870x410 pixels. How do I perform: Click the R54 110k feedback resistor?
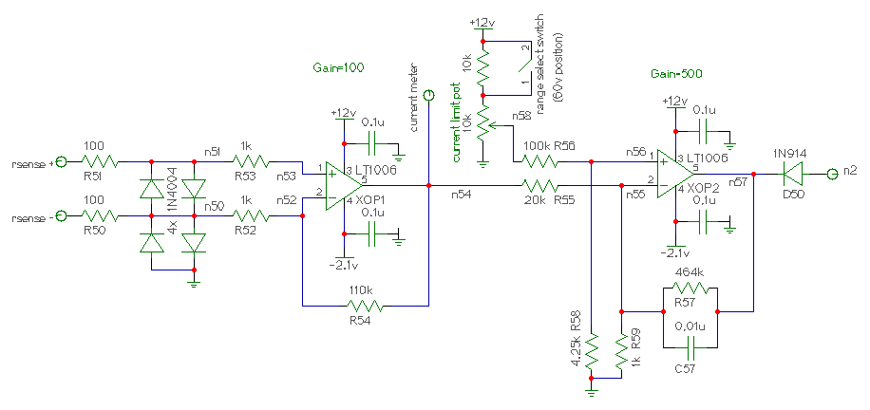coord(364,306)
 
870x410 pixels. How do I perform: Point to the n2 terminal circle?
coord(831,175)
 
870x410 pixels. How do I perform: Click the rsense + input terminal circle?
coord(61,162)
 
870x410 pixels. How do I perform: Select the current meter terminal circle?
coord(428,97)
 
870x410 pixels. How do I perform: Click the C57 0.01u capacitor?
coord(690,345)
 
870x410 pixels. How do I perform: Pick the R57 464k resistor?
coord(690,289)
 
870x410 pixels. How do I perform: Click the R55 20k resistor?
coord(539,185)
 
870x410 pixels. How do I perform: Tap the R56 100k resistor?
coord(539,162)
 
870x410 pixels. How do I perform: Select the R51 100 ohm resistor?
coord(100,162)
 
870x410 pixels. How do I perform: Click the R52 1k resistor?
coord(251,215)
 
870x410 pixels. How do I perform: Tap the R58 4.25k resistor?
coord(592,348)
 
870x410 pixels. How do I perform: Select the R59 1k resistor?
coord(622,348)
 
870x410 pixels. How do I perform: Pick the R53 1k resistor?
coord(251,162)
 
